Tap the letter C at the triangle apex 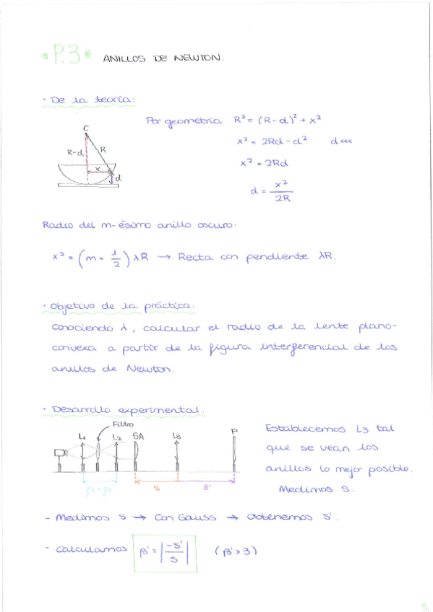86,128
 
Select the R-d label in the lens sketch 75,152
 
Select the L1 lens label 82,436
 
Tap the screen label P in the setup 234,431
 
